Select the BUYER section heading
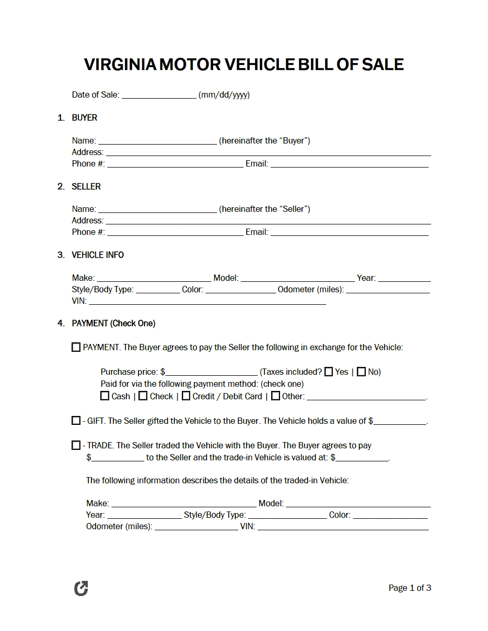coord(84,118)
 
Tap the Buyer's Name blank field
coord(157,141)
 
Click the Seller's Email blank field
coord(349,232)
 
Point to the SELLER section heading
coord(86,186)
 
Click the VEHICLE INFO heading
coord(98,255)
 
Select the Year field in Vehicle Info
coord(404,278)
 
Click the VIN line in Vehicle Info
coord(207,301)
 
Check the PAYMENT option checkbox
coord(76,347)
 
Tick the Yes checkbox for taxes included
coord(329,372)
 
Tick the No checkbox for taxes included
coord(361,372)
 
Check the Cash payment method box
coord(105,396)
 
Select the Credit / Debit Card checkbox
coord(186,396)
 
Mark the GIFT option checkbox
coord(76,421)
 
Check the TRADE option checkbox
coord(76,445)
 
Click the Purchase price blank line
coord(212,372)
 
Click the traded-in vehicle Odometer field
coord(196,527)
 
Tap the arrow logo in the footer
coord(81,588)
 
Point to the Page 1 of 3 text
coord(410,588)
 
